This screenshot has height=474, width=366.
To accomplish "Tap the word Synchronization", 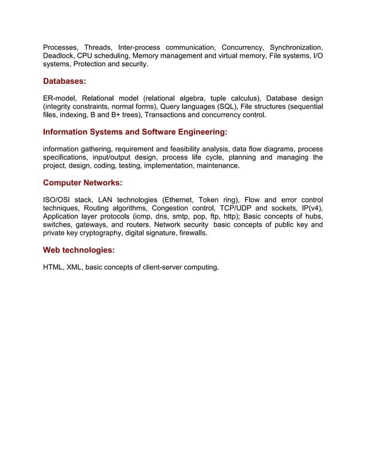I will coord(296,46).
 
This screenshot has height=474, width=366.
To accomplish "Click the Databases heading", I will coord(64,81).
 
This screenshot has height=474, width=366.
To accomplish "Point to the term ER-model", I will coord(59,99).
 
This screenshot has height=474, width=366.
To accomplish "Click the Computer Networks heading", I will coord(83,183).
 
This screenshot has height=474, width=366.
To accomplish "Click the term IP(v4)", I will coord(311,208).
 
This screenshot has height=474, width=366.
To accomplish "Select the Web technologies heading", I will coord(79,250).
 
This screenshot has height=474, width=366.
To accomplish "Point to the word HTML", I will coord(53,267).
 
